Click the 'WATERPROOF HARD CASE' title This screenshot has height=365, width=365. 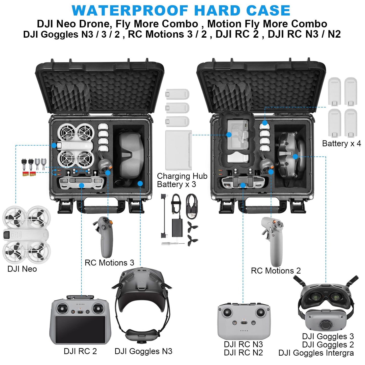[x=181, y=11]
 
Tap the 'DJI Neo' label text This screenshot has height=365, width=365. [x=22, y=269]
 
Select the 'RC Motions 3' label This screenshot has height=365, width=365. [x=109, y=263]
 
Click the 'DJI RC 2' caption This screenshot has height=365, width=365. [x=80, y=351]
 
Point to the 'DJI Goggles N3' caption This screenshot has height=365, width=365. [x=143, y=351]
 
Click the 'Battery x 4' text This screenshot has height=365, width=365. [x=341, y=143]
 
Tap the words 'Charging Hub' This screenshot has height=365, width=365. [x=182, y=176]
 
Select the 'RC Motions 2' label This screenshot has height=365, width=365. [x=276, y=271]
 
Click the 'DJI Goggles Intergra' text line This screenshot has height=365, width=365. [x=316, y=353]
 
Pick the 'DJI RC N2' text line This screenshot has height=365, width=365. [x=243, y=352]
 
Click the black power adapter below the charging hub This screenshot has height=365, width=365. [x=177, y=227]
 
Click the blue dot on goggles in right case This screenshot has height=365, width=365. [x=295, y=157]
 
